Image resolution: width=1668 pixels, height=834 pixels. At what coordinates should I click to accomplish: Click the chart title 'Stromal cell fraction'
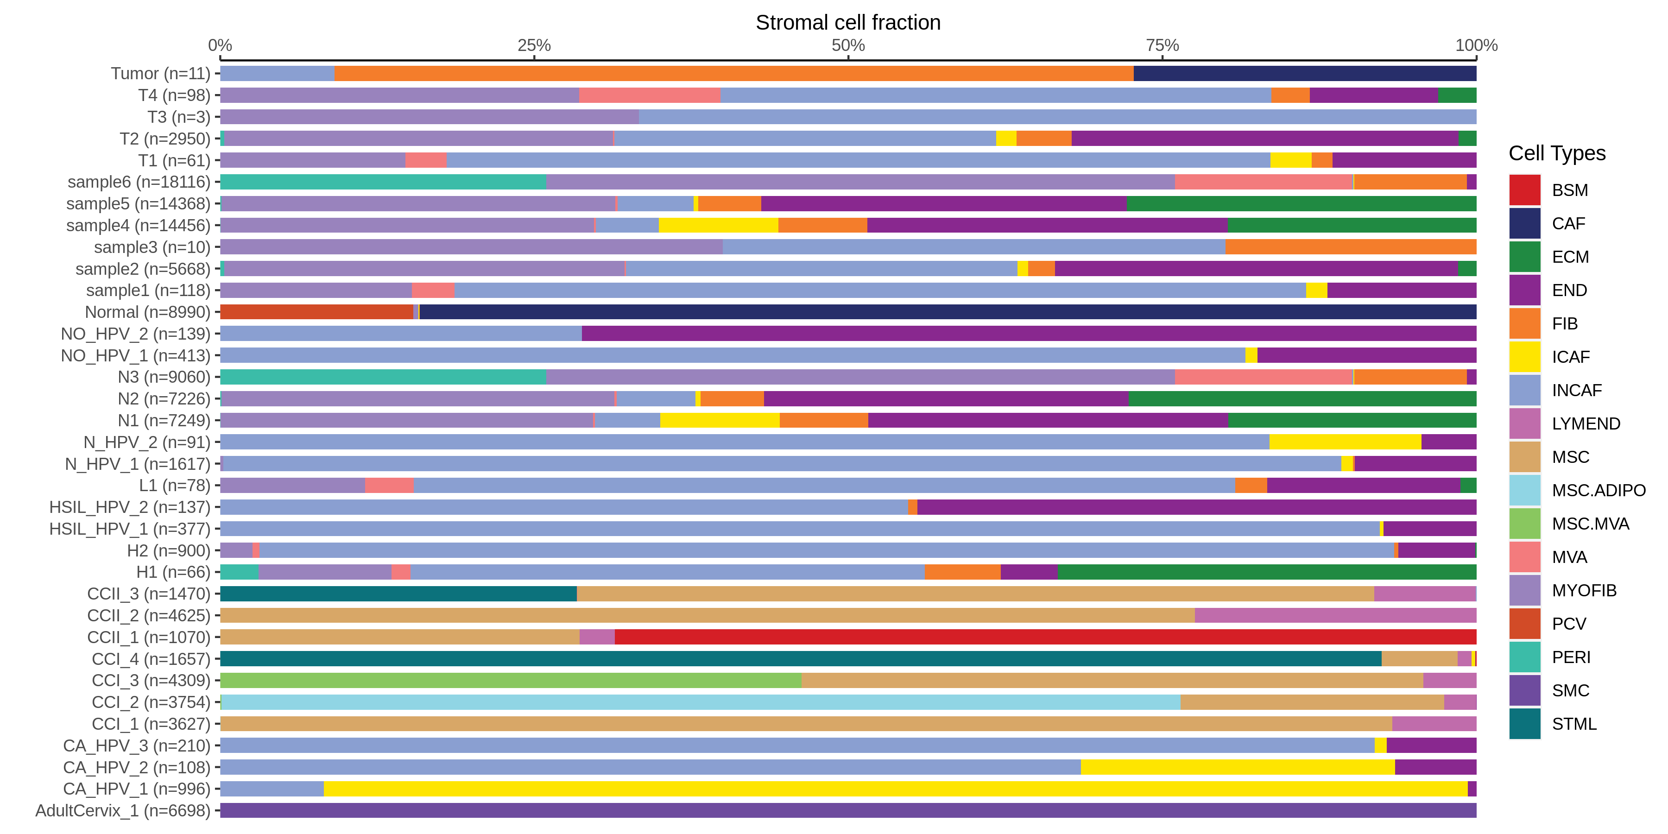847,23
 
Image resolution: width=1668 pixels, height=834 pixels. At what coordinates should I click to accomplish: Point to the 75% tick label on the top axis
1163,45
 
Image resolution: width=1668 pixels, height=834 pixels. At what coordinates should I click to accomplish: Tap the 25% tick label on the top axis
534,45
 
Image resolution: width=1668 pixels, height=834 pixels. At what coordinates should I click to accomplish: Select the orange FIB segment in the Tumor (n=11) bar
733,74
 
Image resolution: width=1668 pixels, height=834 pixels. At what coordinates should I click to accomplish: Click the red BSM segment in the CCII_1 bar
1045,637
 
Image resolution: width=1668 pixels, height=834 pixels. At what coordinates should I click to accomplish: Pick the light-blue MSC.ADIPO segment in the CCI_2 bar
700,702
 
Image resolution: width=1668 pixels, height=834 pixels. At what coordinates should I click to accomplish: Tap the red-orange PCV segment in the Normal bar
316,312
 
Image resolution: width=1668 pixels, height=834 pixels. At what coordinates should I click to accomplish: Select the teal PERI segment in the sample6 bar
383,182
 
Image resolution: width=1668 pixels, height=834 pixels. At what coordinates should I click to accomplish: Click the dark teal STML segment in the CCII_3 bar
398,594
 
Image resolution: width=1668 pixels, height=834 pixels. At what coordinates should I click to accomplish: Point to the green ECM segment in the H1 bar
1267,572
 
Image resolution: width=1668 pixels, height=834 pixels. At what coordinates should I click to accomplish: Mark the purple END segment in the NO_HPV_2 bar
1029,334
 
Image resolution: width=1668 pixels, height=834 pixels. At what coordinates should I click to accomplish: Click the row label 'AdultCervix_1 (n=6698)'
123,811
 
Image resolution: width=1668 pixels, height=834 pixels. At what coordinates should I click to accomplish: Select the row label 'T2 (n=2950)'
165,139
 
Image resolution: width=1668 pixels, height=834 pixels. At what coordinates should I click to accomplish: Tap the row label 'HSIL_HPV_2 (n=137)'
130,508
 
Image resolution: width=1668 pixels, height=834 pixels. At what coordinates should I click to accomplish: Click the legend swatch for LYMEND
1524,423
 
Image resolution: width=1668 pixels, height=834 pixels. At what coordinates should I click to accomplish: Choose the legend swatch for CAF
1524,223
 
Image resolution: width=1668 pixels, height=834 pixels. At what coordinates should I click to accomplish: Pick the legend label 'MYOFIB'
1584,591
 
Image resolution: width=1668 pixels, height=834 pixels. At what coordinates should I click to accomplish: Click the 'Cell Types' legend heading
1557,153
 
